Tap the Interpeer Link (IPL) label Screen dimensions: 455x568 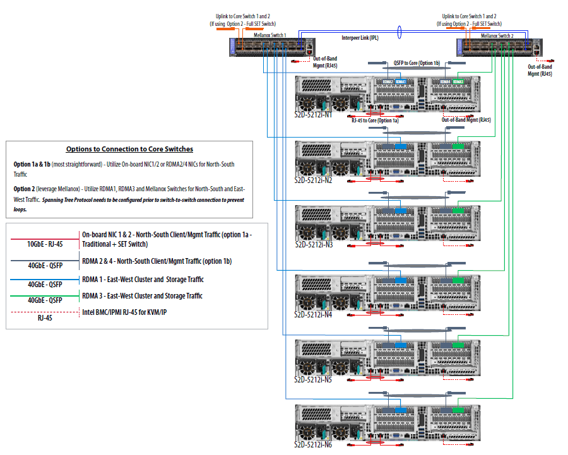point(360,38)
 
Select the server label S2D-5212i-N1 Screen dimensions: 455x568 point(314,115)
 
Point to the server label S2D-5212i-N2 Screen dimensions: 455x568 point(314,180)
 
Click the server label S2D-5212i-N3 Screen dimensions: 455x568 point(314,244)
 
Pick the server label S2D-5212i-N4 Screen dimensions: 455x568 point(314,313)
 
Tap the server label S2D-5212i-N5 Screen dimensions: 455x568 point(314,381)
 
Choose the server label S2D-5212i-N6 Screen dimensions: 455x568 point(314,446)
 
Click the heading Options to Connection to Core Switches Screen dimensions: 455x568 point(129,149)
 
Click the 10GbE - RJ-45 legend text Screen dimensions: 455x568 point(44,244)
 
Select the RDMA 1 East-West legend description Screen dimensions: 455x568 point(143,279)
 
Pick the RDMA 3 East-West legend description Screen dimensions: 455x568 point(143,295)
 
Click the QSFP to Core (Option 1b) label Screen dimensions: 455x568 point(417,63)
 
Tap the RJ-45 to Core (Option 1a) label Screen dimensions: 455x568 point(376,120)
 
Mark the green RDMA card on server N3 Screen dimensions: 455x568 point(458,210)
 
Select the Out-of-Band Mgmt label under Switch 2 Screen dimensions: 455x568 point(540,70)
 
